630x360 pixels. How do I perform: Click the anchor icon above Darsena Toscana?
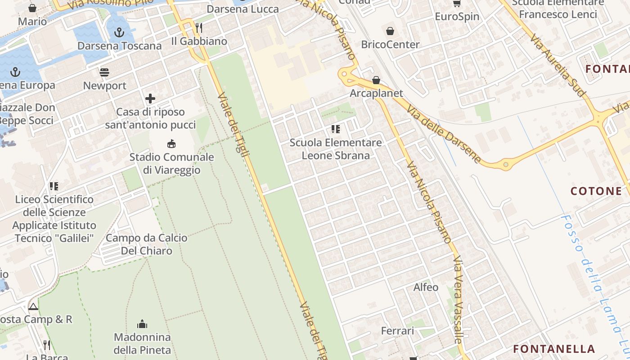pyautogui.click(x=119, y=32)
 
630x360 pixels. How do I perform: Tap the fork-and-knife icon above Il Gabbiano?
pyautogui.click(x=199, y=28)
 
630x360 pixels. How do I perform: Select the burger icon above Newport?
pyautogui.click(x=105, y=72)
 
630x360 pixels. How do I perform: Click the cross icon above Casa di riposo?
pyautogui.click(x=150, y=99)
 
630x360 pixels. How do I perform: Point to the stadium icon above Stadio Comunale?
pyautogui.click(x=171, y=144)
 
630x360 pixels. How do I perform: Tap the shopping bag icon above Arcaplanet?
pyautogui.click(x=376, y=81)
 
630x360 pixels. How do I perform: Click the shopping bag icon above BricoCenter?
pyautogui.click(x=390, y=31)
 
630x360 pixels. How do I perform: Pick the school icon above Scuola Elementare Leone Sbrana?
pyautogui.click(x=335, y=129)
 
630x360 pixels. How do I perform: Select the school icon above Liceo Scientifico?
pyautogui.click(x=54, y=186)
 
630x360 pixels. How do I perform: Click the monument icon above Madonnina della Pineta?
pyautogui.click(x=142, y=324)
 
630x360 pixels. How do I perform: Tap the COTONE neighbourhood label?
pyautogui.click(x=596, y=191)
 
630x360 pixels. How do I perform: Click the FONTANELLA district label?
pyautogui.click(x=554, y=349)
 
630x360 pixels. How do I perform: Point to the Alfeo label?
pyautogui.click(x=426, y=287)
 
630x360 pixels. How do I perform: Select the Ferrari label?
pyautogui.click(x=397, y=331)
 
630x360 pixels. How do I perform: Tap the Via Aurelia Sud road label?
pyautogui.click(x=558, y=65)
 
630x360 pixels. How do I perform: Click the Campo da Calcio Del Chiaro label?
pyautogui.click(x=146, y=244)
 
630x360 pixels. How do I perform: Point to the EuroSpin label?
pyautogui.click(x=457, y=17)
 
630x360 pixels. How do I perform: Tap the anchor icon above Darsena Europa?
pyautogui.click(x=16, y=72)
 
